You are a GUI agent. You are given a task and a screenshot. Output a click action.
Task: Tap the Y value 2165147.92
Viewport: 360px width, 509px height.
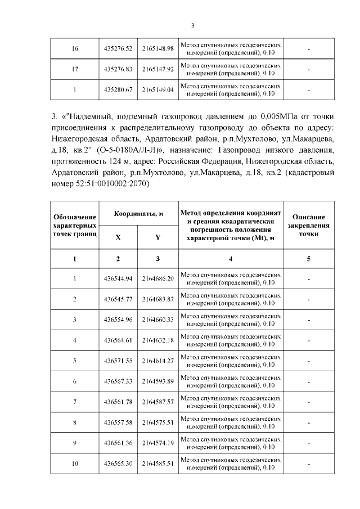pyautogui.click(x=158, y=69)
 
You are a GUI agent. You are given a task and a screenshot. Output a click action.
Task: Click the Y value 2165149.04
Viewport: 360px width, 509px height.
pyautogui.click(x=158, y=89)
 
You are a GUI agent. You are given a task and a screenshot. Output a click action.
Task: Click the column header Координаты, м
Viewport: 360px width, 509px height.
pyautogui.click(x=139, y=214)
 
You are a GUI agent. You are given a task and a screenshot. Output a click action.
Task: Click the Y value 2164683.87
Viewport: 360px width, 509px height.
pyautogui.click(x=158, y=299)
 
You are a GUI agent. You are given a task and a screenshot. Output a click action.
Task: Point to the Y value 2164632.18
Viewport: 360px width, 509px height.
pyautogui.click(x=158, y=340)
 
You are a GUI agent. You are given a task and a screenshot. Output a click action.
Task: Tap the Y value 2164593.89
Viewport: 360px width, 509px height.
pyautogui.click(x=158, y=381)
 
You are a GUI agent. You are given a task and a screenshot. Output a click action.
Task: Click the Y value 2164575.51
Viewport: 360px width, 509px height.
pyautogui.click(x=158, y=422)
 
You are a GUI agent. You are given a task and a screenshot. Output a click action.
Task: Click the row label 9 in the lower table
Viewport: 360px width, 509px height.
pyautogui.click(x=75, y=443)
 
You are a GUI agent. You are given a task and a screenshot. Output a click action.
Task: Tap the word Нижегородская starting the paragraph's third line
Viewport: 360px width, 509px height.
pyautogui.click(x=82, y=137)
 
